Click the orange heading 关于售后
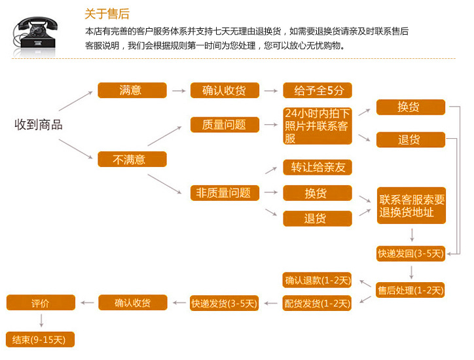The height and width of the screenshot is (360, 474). pos(107,14)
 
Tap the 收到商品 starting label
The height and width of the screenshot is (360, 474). pos(39,124)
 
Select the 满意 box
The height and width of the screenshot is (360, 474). pos(132,90)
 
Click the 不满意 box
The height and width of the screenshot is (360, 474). pos(132,159)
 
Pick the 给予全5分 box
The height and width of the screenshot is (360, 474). pos(318,90)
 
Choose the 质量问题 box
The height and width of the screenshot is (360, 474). pos(225,124)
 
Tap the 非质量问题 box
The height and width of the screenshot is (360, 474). pos(225,193)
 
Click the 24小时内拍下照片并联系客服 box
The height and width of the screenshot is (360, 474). pos(318,126)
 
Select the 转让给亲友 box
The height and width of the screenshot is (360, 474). pos(318,167)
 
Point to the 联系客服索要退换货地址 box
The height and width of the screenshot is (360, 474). pos(411,206)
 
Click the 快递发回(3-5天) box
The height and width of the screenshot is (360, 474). pos(410,253)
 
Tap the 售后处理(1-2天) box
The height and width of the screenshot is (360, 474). pos(410,290)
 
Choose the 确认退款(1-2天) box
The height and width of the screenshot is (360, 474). pos(317,280)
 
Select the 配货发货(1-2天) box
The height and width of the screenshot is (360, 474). pos(317,303)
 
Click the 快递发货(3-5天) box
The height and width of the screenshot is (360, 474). pos(224,303)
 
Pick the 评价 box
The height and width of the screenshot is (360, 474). pos(41,302)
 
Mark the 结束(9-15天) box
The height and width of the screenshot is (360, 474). pos(40,340)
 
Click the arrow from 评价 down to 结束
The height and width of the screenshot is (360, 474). pos(41,321)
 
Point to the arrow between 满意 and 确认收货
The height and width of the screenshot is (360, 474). pos(179,91)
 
